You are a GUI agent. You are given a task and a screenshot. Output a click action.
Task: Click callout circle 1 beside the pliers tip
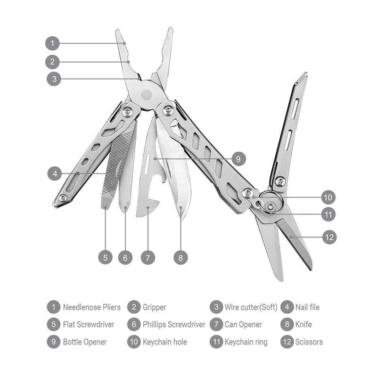(x=53, y=43)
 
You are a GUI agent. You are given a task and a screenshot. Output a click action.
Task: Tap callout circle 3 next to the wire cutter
(x=54, y=79)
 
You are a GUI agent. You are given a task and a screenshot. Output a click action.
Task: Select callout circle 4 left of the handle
(x=55, y=173)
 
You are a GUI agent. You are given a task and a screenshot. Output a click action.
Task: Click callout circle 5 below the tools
(x=105, y=257)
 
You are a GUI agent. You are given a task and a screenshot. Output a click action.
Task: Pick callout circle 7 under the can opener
(x=148, y=257)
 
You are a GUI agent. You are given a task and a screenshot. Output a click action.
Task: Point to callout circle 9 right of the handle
(x=238, y=159)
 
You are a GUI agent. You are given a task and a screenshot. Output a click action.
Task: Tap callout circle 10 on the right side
(x=328, y=197)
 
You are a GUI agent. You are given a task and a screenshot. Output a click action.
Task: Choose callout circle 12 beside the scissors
(x=329, y=237)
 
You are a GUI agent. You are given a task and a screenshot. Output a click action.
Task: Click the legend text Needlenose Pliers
(x=92, y=307)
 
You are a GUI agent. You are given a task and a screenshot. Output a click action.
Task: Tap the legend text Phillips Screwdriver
(x=174, y=325)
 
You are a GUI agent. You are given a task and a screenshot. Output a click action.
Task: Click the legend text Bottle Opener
(x=85, y=342)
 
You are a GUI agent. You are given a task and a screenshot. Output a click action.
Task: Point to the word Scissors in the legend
(x=309, y=342)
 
